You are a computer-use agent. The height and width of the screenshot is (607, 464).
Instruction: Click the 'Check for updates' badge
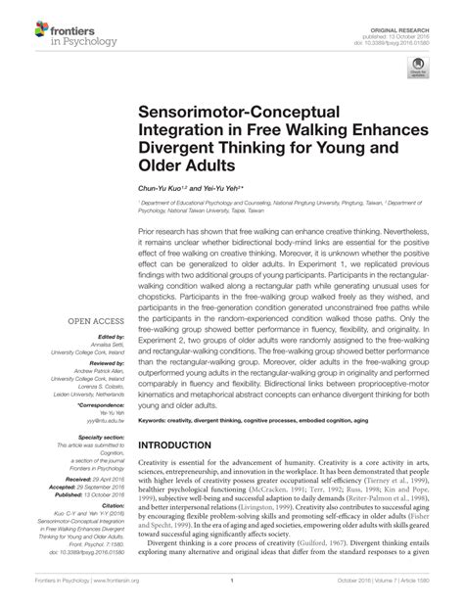tap(419, 70)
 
